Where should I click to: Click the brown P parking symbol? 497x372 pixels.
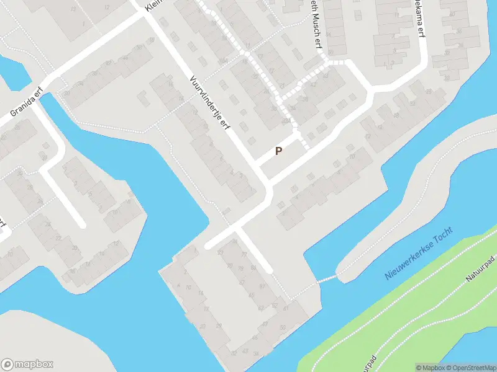pyautogui.click(x=278, y=151)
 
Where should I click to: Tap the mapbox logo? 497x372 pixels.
pyautogui.click(x=27, y=365)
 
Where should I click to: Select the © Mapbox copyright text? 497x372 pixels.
pyautogui.click(x=428, y=368)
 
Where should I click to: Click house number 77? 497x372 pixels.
pyautogui.click(x=244, y=254)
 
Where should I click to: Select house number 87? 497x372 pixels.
pyautogui.click(x=262, y=286)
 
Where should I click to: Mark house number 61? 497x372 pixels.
pyautogui.click(x=286, y=308)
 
